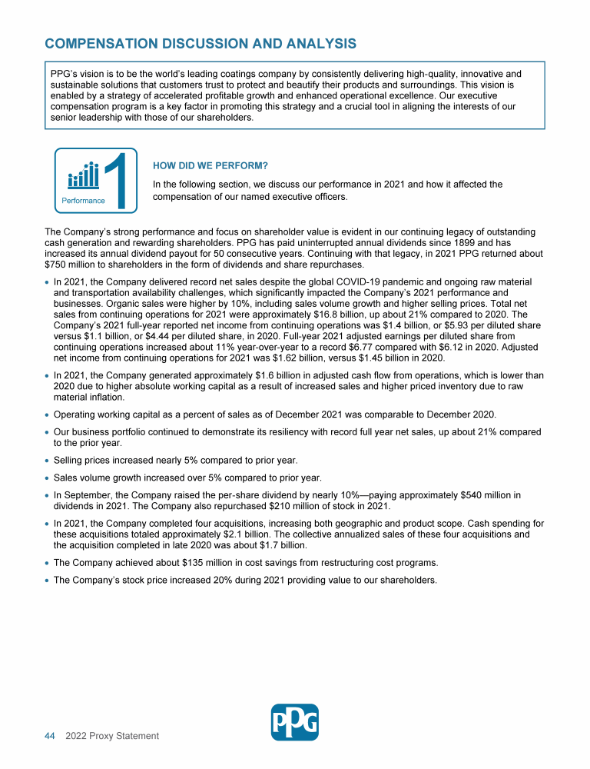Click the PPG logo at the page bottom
[x=295, y=722]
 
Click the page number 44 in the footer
[x=49, y=736]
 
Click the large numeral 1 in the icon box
[x=116, y=180]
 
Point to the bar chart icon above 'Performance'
[x=84, y=176]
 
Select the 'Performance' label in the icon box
[x=83, y=200]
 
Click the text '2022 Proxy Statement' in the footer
[x=112, y=736]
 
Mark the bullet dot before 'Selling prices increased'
[x=48, y=460]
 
